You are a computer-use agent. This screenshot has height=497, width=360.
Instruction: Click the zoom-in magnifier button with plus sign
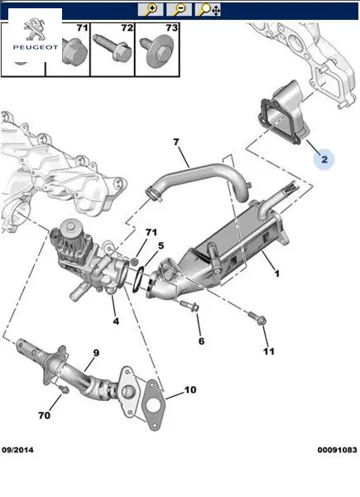click(x=151, y=9)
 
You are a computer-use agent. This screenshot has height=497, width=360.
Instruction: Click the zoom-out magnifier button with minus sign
click(x=179, y=9)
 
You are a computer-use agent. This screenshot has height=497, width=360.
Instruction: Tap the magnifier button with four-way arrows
click(x=208, y=9)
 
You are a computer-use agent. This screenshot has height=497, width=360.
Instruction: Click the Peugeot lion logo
click(x=35, y=29)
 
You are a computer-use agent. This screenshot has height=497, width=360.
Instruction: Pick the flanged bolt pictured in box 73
click(x=157, y=51)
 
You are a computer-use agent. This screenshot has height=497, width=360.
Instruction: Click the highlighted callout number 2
click(x=324, y=159)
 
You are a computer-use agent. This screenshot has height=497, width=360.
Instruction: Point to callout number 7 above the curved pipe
click(x=176, y=142)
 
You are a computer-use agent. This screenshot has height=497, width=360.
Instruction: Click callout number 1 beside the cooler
click(x=276, y=273)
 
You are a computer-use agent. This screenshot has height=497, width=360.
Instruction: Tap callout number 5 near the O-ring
click(x=161, y=246)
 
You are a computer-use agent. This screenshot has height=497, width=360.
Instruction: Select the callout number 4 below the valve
click(x=116, y=321)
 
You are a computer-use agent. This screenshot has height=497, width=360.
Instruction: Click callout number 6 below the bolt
click(x=201, y=341)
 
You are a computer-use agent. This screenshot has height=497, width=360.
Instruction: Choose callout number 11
click(x=268, y=351)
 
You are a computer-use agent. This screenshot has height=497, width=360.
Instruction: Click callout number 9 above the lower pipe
click(x=96, y=353)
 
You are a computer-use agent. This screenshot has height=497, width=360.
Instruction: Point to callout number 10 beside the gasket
click(x=190, y=389)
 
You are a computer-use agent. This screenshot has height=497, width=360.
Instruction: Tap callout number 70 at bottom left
click(x=45, y=415)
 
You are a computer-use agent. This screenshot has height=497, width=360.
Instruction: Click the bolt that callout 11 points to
click(x=257, y=318)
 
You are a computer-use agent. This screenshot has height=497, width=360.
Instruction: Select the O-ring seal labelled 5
click(x=137, y=278)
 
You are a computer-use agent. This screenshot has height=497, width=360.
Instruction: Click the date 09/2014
click(x=17, y=450)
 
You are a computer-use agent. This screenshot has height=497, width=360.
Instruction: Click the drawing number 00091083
click(x=337, y=450)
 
